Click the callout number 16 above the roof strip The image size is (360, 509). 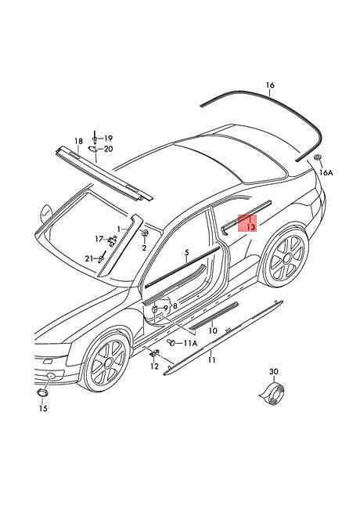pos(270,85)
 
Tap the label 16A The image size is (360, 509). pos(326,172)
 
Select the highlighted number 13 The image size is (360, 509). pos(251,227)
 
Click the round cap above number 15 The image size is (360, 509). pos(42,392)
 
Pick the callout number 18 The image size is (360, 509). pos(78,141)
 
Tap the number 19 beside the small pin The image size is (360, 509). pos(108,139)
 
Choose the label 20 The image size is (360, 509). pos(109,149)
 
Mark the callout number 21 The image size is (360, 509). pos(89,258)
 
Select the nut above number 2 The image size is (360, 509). pos(145,233)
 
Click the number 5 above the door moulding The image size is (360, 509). pos(186,252)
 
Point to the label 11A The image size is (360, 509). pos(190,343)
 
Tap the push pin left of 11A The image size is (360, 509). pos(171,342)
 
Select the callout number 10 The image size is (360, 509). pos(213,330)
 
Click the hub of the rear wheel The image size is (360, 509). pos(286,258)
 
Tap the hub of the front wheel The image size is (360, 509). pos(109,363)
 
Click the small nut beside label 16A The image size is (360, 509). pos(317,157)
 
